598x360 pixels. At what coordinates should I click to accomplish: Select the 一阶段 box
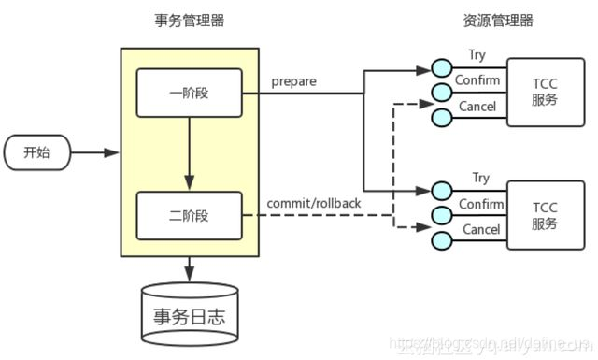coord(190,94)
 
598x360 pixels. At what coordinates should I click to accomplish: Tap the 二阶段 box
coord(190,215)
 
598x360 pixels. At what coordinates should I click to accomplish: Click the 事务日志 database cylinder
coord(190,313)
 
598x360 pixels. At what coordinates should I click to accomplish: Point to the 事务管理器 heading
coord(190,21)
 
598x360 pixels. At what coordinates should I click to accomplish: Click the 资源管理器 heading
coord(498,21)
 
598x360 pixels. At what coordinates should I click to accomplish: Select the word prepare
coord(293,81)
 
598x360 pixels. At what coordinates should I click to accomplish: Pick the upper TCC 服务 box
coord(545,90)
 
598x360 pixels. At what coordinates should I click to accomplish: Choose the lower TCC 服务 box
coord(545,214)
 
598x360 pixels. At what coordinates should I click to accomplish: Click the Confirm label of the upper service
coord(477,80)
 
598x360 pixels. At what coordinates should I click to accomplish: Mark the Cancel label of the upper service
coord(477,106)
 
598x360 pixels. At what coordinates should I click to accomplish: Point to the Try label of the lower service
coord(480,178)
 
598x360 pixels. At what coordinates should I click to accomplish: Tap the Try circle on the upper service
coord(442,68)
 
